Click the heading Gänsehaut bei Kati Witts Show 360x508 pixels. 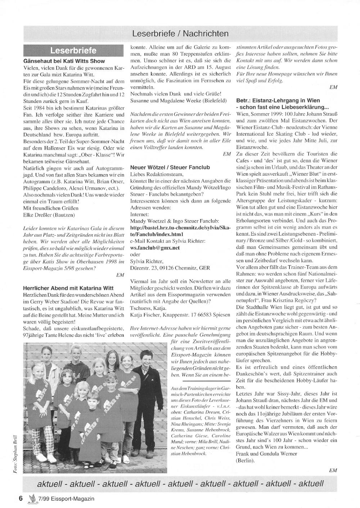coord(64,61)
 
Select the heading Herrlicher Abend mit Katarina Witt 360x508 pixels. coord(68,288)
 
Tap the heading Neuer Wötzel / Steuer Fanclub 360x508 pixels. coord(170,167)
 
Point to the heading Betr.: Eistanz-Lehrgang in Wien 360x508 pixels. coord(278,100)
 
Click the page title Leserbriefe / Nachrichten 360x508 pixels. coord(180,34)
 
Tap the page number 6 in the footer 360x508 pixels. coord(21,498)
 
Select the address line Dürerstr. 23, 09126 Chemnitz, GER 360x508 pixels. coord(172,268)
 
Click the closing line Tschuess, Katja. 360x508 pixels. coord(148,308)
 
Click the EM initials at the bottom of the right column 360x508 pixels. coord(333,470)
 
